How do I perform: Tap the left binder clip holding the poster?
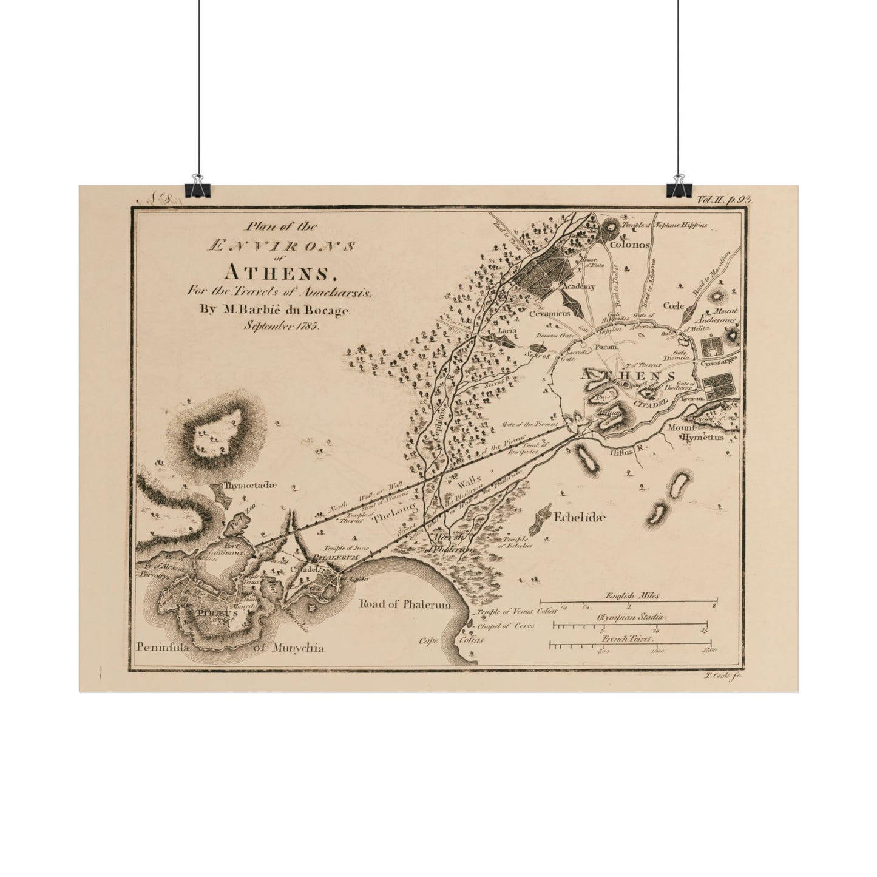click(195, 187)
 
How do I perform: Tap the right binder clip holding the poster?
click(676, 187)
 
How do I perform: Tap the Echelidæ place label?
click(580, 517)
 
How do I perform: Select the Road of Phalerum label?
click(405, 604)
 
